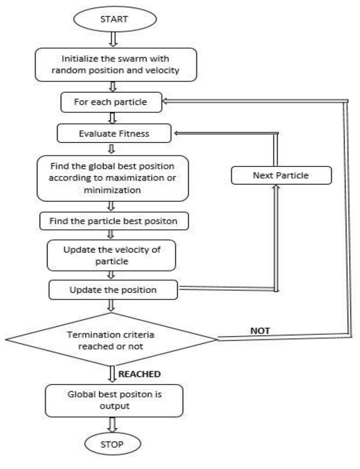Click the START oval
[115, 19]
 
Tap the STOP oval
[113, 444]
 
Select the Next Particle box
[281, 175]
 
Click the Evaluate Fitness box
[114, 133]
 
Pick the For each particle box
[111, 102]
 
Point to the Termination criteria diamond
[111, 339]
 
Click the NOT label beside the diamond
[260, 331]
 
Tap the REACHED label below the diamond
[139, 374]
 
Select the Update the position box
[113, 290]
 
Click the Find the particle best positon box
[114, 221]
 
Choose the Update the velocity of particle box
[111, 255]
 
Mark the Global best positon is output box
[114, 400]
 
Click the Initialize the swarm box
[116, 64]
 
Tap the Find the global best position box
[113, 178]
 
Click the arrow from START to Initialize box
[113, 39]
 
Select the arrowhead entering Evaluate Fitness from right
[177, 133]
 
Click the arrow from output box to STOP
[113, 425]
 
